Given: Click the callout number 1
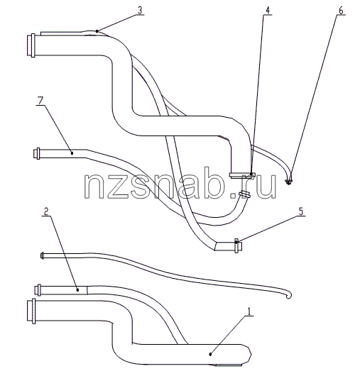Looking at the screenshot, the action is pyautogui.click(x=249, y=311).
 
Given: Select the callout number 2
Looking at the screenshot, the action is pyautogui.click(x=46, y=211).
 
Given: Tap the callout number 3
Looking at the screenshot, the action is pyautogui.click(x=140, y=11).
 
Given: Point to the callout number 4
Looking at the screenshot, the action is pyautogui.click(x=268, y=11).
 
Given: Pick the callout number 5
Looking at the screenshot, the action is pyautogui.click(x=301, y=211).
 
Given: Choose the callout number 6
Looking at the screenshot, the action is pyautogui.click(x=341, y=11).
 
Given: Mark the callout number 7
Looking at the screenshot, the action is pyautogui.click(x=40, y=101).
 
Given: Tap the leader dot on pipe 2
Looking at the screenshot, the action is pyautogui.click(x=77, y=289).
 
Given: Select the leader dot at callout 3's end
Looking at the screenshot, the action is pyautogui.click(x=97, y=31).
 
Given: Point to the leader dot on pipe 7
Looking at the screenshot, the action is pyautogui.click(x=72, y=153).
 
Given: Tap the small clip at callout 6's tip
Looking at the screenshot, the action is pyautogui.click(x=288, y=182).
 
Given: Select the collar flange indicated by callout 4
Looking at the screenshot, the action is pyautogui.click(x=242, y=175).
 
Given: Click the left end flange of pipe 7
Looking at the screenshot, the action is pyautogui.click(x=36, y=153).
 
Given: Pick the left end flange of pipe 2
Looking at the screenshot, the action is pyautogui.click(x=38, y=290).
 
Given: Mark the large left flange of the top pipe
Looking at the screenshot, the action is pyautogui.click(x=31, y=45).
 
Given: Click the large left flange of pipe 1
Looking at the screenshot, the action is pyautogui.click(x=31, y=311).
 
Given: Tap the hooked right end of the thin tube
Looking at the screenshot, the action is pyautogui.click(x=288, y=295).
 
